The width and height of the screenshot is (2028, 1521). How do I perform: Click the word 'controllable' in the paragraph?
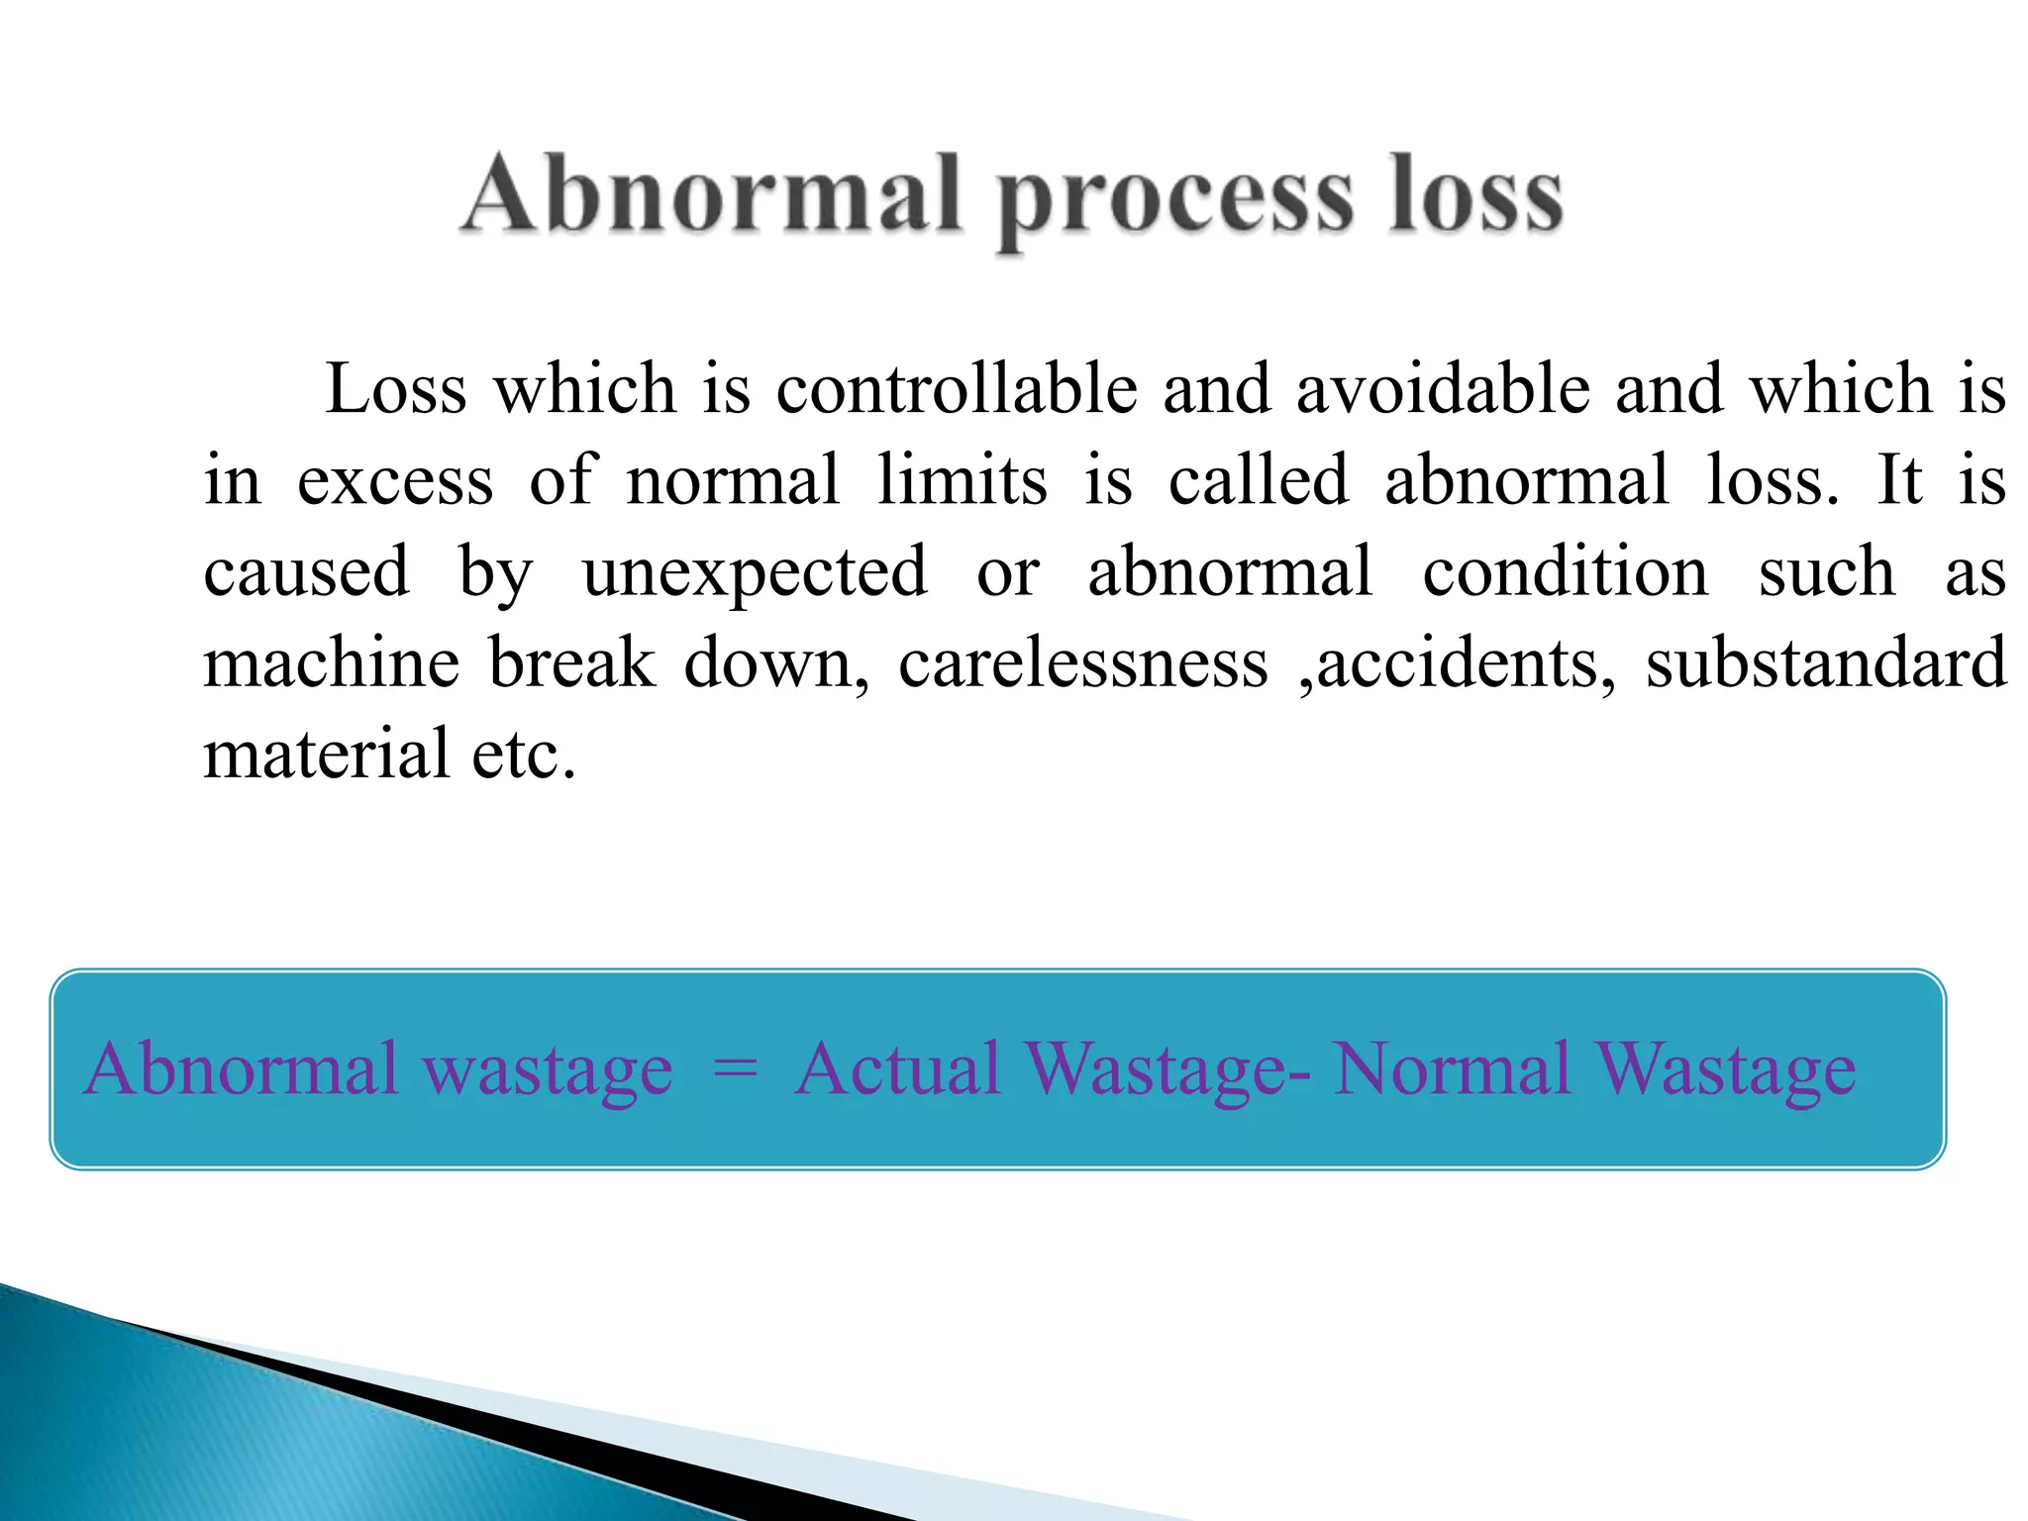(957, 388)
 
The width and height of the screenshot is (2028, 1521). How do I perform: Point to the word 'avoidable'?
(1443, 388)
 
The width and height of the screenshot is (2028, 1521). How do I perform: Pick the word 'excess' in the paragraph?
(395, 481)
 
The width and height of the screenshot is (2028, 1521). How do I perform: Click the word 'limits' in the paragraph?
(962, 479)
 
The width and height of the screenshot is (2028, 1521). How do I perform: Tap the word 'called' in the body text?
(1258, 479)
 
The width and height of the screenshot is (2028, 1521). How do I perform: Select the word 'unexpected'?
(755, 573)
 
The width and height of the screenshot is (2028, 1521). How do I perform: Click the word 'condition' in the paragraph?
(1566, 571)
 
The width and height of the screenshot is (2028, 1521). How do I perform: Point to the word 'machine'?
(332, 662)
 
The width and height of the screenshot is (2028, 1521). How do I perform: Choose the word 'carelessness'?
(1083, 662)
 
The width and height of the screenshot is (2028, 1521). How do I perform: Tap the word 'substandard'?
(1826, 662)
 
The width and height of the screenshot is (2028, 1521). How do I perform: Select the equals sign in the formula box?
(735, 1068)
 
